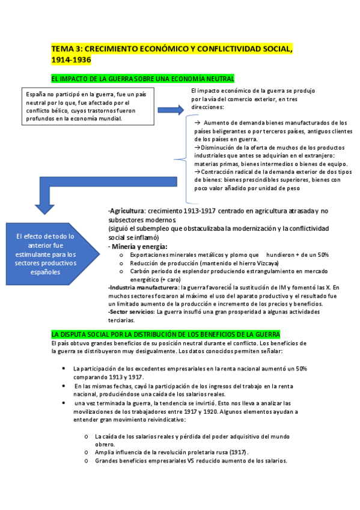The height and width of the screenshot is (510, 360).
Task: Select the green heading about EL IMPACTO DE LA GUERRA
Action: point(143,79)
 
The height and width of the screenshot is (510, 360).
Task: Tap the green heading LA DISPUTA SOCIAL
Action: point(165,334)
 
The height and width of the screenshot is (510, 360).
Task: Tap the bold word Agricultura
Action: point(127,211)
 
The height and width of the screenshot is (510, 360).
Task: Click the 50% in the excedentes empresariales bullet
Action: point(301,367)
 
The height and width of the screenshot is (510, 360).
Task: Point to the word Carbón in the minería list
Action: point(123,271)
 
